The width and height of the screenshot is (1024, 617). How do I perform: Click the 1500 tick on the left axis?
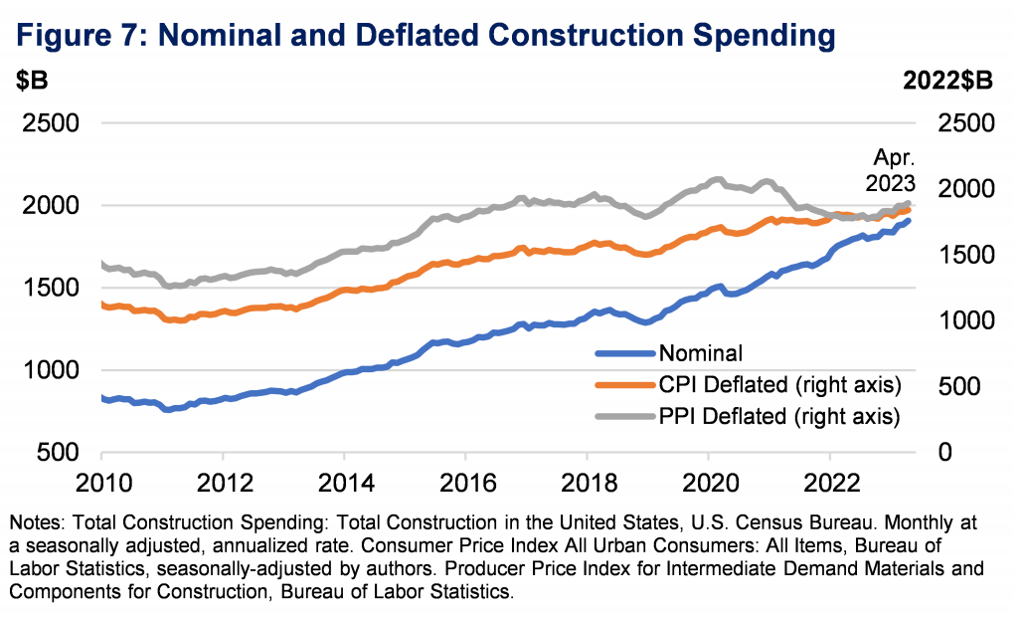[46, 289]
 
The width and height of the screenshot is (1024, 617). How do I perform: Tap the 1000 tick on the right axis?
[964, 321]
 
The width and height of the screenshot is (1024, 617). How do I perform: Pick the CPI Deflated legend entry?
[778, 384]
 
